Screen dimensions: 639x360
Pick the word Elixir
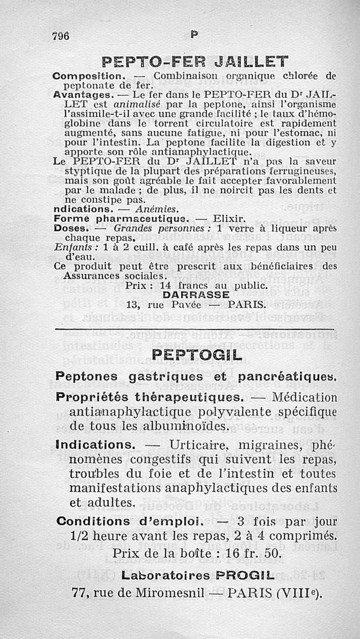click(x=229, y=219)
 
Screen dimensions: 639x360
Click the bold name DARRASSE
click(x=196, y=295)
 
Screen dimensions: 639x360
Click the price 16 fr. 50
click(x=257, y=553)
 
